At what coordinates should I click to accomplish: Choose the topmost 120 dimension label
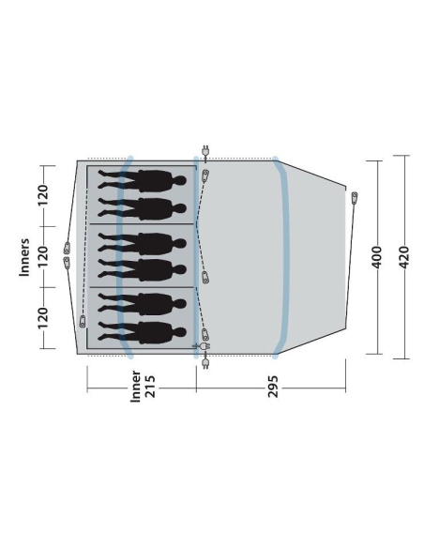[42, 196]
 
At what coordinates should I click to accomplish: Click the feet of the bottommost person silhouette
[102, 331]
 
